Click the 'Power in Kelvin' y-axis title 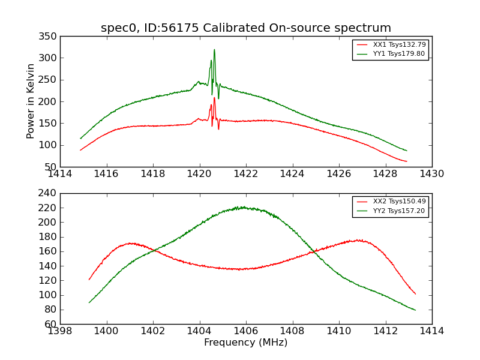(x=31, y=101)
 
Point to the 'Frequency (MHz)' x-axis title (x=246, y=343)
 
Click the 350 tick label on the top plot (x=50, y=36)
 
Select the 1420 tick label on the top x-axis (x=200, y=173)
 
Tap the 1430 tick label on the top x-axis (x=432, y=173)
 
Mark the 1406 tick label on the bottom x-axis (x=246, y=331)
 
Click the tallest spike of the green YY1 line (x=214, y=50)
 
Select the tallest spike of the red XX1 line (x=214, y=98)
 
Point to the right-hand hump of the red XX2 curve (x=358, y=240)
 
